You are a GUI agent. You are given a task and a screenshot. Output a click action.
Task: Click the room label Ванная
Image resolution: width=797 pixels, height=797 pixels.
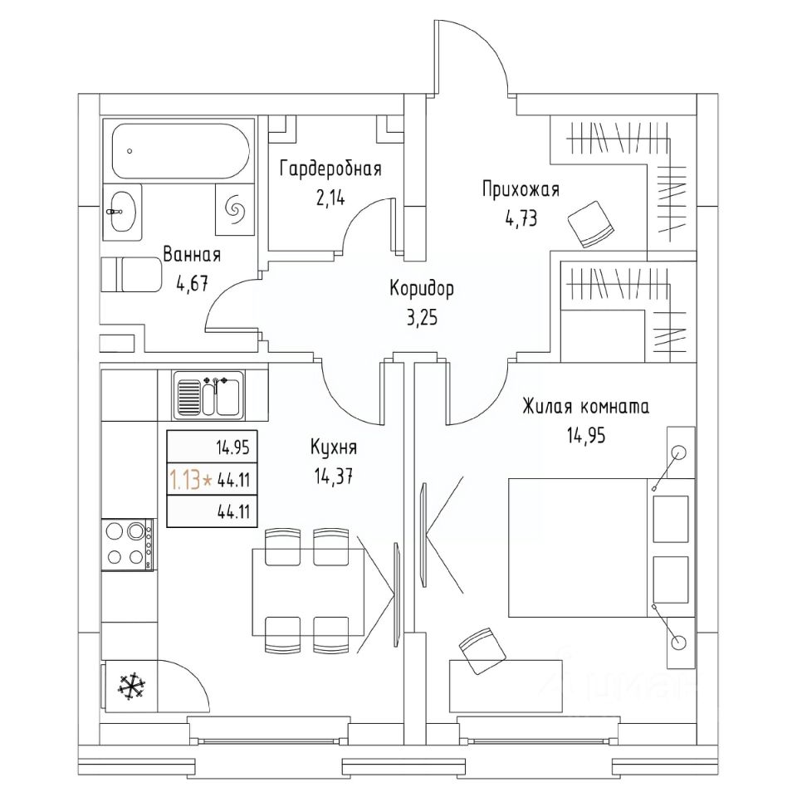pos(192,254)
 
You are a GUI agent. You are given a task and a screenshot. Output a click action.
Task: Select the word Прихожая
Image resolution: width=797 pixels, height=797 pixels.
pos(521,189)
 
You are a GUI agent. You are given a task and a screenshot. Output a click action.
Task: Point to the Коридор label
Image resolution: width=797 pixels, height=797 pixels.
pos(422,289)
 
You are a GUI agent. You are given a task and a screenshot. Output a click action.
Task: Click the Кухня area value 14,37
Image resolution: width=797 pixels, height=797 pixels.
pos(334,476)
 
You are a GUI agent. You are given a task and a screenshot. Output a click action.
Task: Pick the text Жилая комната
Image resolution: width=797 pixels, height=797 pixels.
pos(585,407)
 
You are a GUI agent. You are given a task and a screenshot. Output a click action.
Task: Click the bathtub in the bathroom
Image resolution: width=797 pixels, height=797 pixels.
pos(178,150)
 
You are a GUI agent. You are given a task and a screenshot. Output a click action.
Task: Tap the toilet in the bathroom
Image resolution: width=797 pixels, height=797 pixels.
pos(131,275)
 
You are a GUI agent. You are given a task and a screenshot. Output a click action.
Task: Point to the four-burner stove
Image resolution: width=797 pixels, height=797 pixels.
pos(127,544)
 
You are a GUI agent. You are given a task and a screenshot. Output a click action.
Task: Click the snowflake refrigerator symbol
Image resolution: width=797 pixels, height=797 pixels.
pos(128,685)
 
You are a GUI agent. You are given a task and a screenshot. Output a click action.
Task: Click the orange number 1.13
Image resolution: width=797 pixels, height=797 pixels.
pos(184,479)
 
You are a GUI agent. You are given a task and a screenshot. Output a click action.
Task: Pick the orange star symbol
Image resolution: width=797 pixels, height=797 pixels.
pos(207,480)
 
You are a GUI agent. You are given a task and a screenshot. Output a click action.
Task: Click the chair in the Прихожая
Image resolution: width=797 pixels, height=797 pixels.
pos(590,223)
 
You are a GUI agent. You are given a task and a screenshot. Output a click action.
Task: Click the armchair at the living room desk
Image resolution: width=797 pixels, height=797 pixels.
pos(482,651)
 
